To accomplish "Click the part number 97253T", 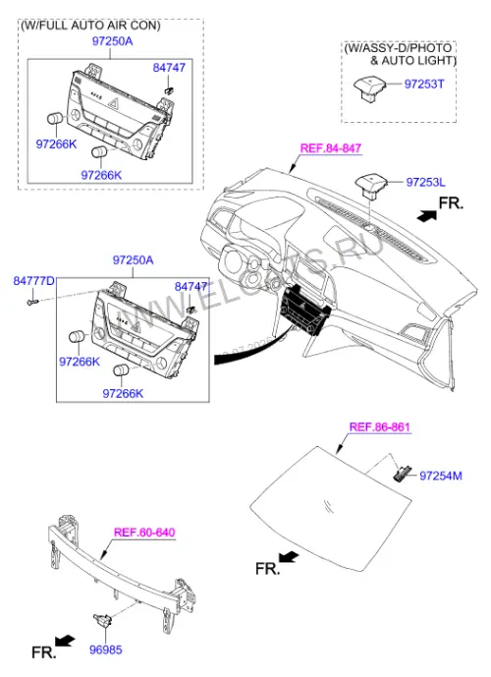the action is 423,84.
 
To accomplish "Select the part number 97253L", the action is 425,182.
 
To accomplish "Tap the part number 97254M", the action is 441,476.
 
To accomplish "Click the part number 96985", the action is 106,649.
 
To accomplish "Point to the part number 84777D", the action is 33,281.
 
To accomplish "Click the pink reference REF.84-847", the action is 331,148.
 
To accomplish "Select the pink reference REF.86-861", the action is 379,427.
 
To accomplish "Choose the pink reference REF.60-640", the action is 144,532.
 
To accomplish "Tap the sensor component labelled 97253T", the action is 366,88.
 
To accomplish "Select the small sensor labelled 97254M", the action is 402,474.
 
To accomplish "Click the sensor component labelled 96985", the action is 103,621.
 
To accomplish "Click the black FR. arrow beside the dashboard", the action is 427,215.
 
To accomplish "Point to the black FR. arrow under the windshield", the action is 289,557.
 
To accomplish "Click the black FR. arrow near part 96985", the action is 65,641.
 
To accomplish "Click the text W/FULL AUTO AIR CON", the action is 90,26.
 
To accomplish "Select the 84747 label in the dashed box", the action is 169,68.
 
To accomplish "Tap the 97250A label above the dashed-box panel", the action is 112,41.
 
